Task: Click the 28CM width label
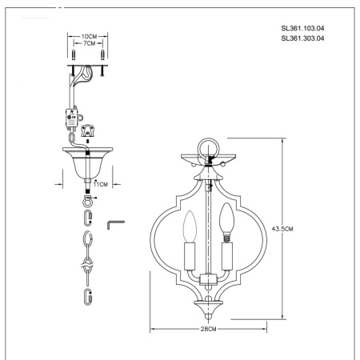(210, 328)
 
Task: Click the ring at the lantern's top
(208, 147)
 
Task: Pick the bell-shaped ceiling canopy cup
(87, 163)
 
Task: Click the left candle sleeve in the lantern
(190, 258)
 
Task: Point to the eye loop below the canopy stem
(87, 197)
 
